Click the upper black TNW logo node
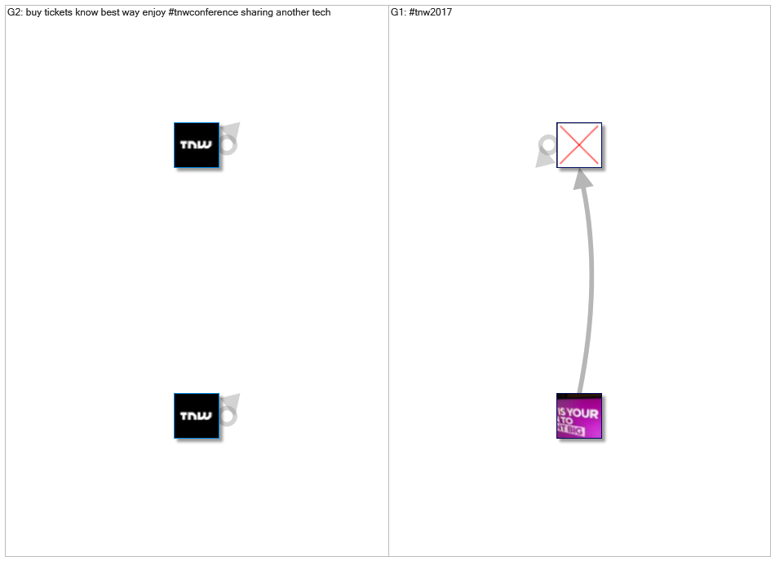[197, 145]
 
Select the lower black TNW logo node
[197, 416]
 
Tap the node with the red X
[578, 145]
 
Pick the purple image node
[578, 416]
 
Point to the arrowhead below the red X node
[582, 179]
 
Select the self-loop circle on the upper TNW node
[228, 145]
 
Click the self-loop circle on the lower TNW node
[228, 416]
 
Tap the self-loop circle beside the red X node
[547, 146]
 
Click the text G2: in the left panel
[15, 13]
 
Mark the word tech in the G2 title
[321, 13]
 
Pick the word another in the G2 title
[294, 13]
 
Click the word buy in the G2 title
[34, 13]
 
